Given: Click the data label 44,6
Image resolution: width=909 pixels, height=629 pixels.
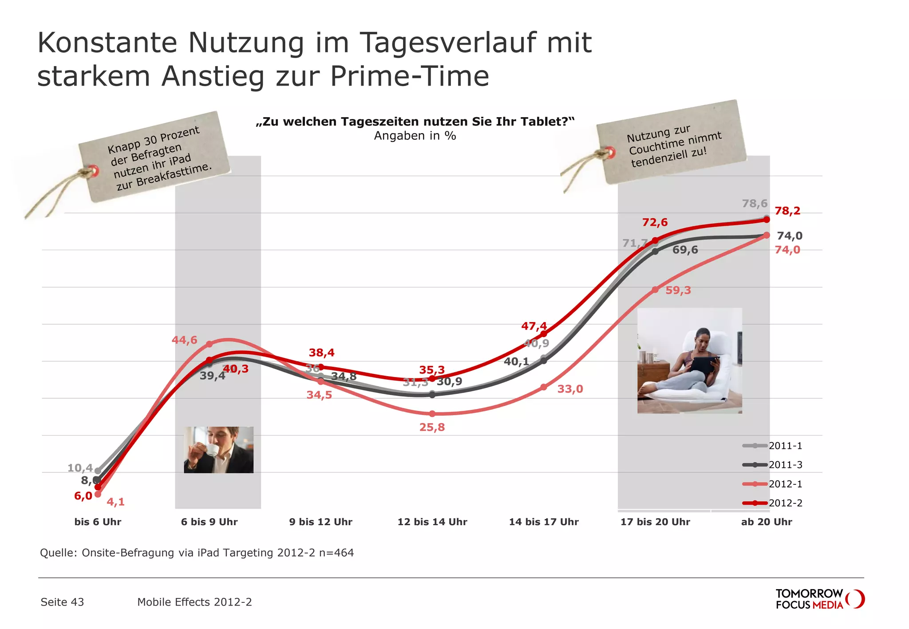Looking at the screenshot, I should point(184,340).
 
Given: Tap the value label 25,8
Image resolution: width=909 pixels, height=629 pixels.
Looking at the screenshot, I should point(432,427).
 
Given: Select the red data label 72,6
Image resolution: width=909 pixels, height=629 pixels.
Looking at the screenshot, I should point(655,222).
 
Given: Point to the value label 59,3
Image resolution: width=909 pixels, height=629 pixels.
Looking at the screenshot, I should point(678,291).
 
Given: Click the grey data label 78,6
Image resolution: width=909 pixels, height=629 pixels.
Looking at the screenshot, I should point(755,204).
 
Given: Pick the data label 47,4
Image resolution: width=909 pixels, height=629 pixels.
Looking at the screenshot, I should point(534,326).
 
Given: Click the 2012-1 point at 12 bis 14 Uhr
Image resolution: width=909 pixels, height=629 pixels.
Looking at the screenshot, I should point(432,413).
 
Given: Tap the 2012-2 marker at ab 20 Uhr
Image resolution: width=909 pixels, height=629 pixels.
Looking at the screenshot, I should point(767,220).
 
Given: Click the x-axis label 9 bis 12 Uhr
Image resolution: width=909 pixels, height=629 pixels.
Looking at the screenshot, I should point(320,522).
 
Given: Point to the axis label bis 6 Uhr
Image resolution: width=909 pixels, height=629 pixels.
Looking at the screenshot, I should point(98,522).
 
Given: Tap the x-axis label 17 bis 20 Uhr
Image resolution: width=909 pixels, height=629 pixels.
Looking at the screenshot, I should point(655,522).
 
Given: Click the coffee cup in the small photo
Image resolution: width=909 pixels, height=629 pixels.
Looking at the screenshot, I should point(212,450).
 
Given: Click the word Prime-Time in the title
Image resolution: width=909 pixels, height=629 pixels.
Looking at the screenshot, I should point(409,76).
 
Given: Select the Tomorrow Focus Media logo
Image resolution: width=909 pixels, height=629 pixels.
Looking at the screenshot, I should point(819,599).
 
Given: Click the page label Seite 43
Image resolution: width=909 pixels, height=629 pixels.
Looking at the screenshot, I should point(62,602).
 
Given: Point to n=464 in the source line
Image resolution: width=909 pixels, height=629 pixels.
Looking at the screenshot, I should point(336,553).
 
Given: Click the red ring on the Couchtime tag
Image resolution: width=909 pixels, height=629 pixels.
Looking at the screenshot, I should point(611,153).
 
